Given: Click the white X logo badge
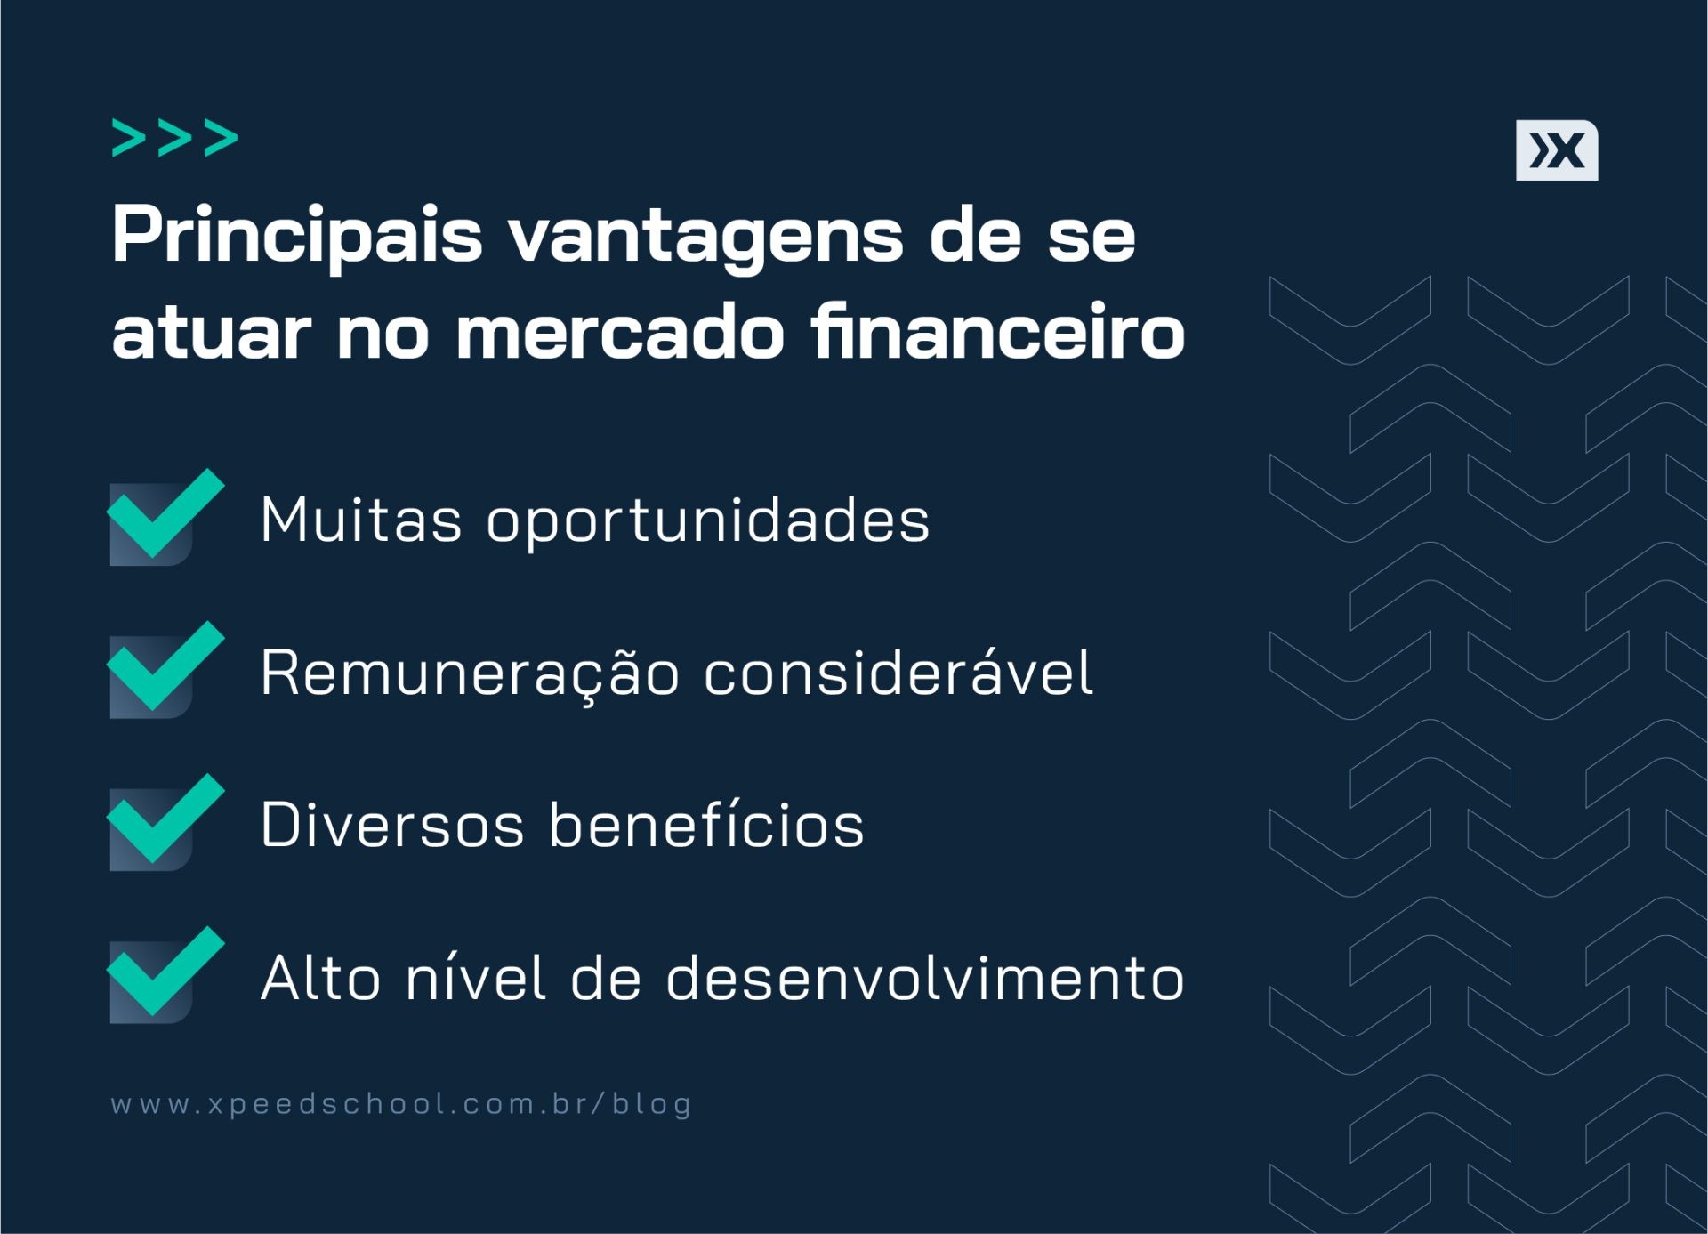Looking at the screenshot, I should point(1557,150).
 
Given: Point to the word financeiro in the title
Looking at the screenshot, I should point(997,331).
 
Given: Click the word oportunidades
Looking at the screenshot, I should point(708,520).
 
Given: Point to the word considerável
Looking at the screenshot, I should point(898,673).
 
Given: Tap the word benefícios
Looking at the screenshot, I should point(706,825).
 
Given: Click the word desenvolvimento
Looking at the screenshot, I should point(925,978).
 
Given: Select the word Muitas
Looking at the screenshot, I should point(361,520).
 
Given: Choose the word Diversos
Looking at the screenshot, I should point(392,825).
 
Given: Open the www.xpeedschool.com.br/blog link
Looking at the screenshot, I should point(401,1104).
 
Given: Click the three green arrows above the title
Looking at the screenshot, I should point(175,139).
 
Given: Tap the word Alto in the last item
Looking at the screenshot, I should point(321,978).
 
